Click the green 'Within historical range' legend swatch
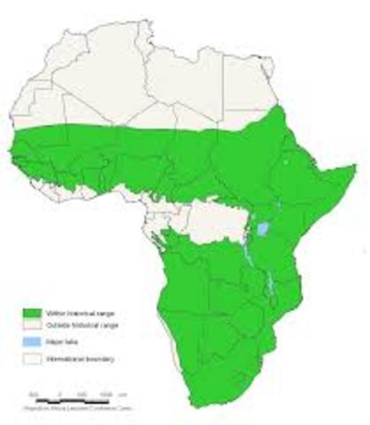(33, 313)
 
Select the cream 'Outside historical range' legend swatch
(33, 328)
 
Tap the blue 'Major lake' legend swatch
(33, 343)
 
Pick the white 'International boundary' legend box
(33, 358)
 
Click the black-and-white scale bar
(71, 397)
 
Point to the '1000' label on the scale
(105, 391)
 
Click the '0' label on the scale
(59, 391)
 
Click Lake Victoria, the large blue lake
(263, 229)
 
